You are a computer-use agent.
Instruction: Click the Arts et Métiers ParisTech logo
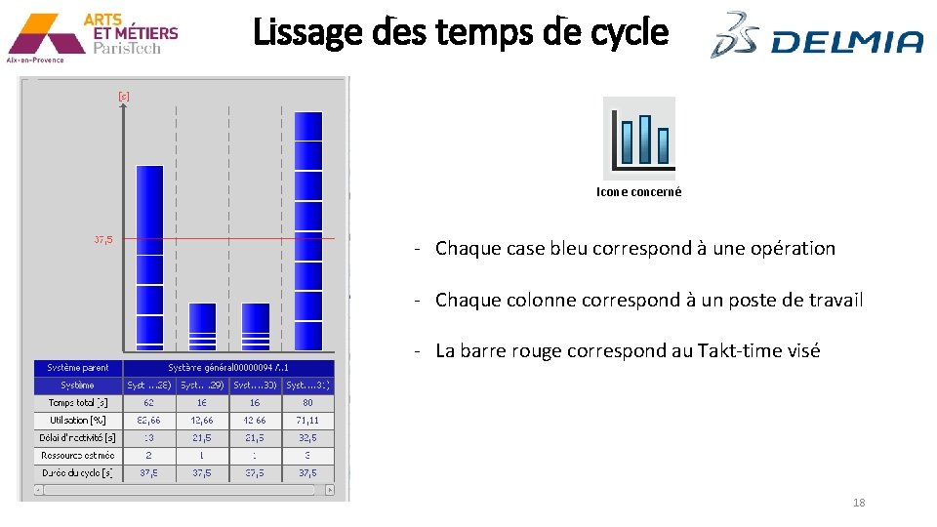coord(93,36)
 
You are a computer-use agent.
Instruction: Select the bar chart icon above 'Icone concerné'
coord(639,138)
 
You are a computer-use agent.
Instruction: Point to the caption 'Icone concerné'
coord(639,192)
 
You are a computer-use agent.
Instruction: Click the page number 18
coord(859,503)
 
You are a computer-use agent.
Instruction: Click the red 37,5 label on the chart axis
coord(103,239)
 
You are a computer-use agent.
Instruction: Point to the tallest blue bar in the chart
coord(308,229)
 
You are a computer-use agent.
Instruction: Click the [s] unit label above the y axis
coord(124,96)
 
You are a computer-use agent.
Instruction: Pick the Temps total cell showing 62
coord(148,402)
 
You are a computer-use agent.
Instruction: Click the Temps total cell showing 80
coord(308,402)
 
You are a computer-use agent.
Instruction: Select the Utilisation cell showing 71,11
coord(308,420)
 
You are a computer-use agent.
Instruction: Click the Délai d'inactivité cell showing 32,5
coord(308,438)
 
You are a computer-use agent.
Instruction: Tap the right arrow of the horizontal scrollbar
coord(329,490)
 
